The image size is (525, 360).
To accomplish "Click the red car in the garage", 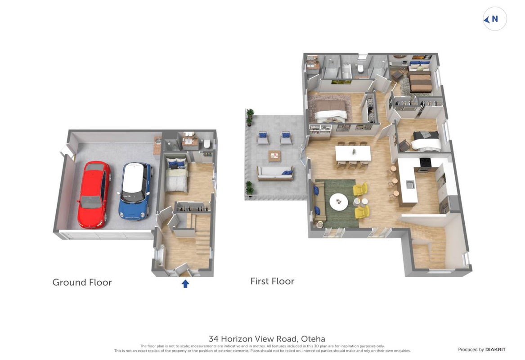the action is pos(94,194).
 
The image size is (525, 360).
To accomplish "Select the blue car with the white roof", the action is pos(135,191).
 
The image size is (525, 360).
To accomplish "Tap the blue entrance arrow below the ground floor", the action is pos(185,283).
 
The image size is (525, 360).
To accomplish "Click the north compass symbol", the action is pos(494,19).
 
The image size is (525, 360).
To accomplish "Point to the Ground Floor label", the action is pos(82,282).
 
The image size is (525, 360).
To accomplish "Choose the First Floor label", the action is pos(272,281).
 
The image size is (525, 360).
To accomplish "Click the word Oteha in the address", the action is pos(313,339).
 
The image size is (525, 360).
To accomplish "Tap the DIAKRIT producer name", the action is pos(495,350).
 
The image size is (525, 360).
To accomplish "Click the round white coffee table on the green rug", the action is pos(338,202).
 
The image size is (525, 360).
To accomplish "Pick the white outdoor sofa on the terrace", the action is pos(275,173).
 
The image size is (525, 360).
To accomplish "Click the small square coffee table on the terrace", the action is pos(274,156).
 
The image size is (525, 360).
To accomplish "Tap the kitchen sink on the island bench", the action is pos(410,184).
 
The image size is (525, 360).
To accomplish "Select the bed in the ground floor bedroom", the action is pos(176,175).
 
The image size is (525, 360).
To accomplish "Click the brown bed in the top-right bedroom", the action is pos(419,81).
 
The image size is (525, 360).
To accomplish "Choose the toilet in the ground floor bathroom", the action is pos(206,144).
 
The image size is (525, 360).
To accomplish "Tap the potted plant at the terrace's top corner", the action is pos(249,117).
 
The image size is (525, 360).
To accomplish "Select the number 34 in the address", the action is pos(213,339).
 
